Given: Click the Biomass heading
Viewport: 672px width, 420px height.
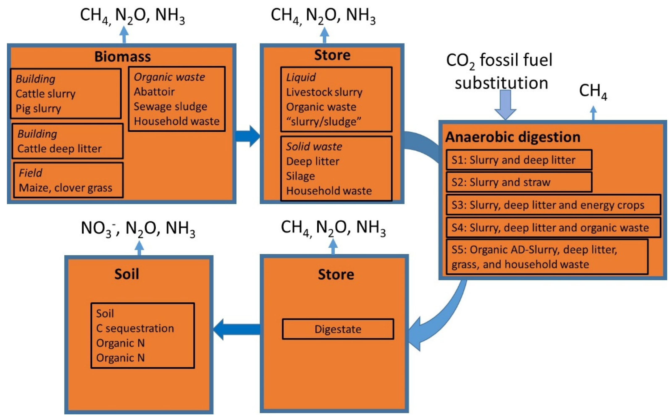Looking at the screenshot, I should [122, 57].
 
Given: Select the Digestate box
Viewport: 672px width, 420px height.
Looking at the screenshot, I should [338, 329].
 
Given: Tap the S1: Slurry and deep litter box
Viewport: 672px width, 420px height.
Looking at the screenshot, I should [519, 160].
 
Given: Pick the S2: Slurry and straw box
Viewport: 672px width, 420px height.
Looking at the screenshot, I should [519, 182].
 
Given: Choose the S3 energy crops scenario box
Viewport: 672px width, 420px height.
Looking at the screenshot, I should [553, 205].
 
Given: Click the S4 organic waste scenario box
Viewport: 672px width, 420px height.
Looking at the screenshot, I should [553, 228].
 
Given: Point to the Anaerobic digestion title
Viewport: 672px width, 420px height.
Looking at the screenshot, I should [513, 137].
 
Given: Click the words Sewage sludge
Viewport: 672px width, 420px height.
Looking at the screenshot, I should [170, 107].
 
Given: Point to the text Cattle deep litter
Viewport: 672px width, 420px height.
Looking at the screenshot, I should [59, 149].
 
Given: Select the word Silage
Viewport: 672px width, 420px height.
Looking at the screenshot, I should [301, 176].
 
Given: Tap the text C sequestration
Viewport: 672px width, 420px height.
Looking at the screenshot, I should [135, 328].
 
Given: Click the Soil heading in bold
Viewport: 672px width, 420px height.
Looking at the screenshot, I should [127, 274].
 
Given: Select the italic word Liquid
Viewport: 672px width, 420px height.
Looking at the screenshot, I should [301, 77].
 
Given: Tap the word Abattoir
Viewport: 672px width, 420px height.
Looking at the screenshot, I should [154, 92].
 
